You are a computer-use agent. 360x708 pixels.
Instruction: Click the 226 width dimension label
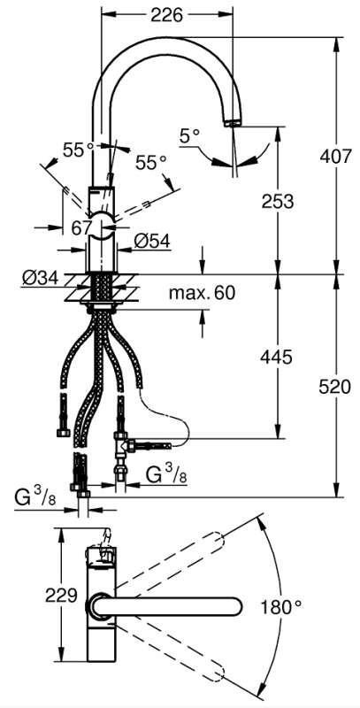(x=167, y=15)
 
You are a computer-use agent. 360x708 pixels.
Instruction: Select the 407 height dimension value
(x=335, y=157)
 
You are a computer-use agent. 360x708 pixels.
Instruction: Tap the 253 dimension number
(x=278, y=202)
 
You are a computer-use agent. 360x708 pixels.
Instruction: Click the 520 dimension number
(x=334, y=387)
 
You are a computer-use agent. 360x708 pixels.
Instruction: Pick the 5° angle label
(x=189, y=135)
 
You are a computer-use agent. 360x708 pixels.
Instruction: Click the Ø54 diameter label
(x=151, y=242)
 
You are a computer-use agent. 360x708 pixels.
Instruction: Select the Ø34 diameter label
(x=41, y=279)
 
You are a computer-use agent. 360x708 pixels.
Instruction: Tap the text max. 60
(x=202, y=293)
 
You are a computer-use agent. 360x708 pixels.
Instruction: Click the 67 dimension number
(x=82, y=228)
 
